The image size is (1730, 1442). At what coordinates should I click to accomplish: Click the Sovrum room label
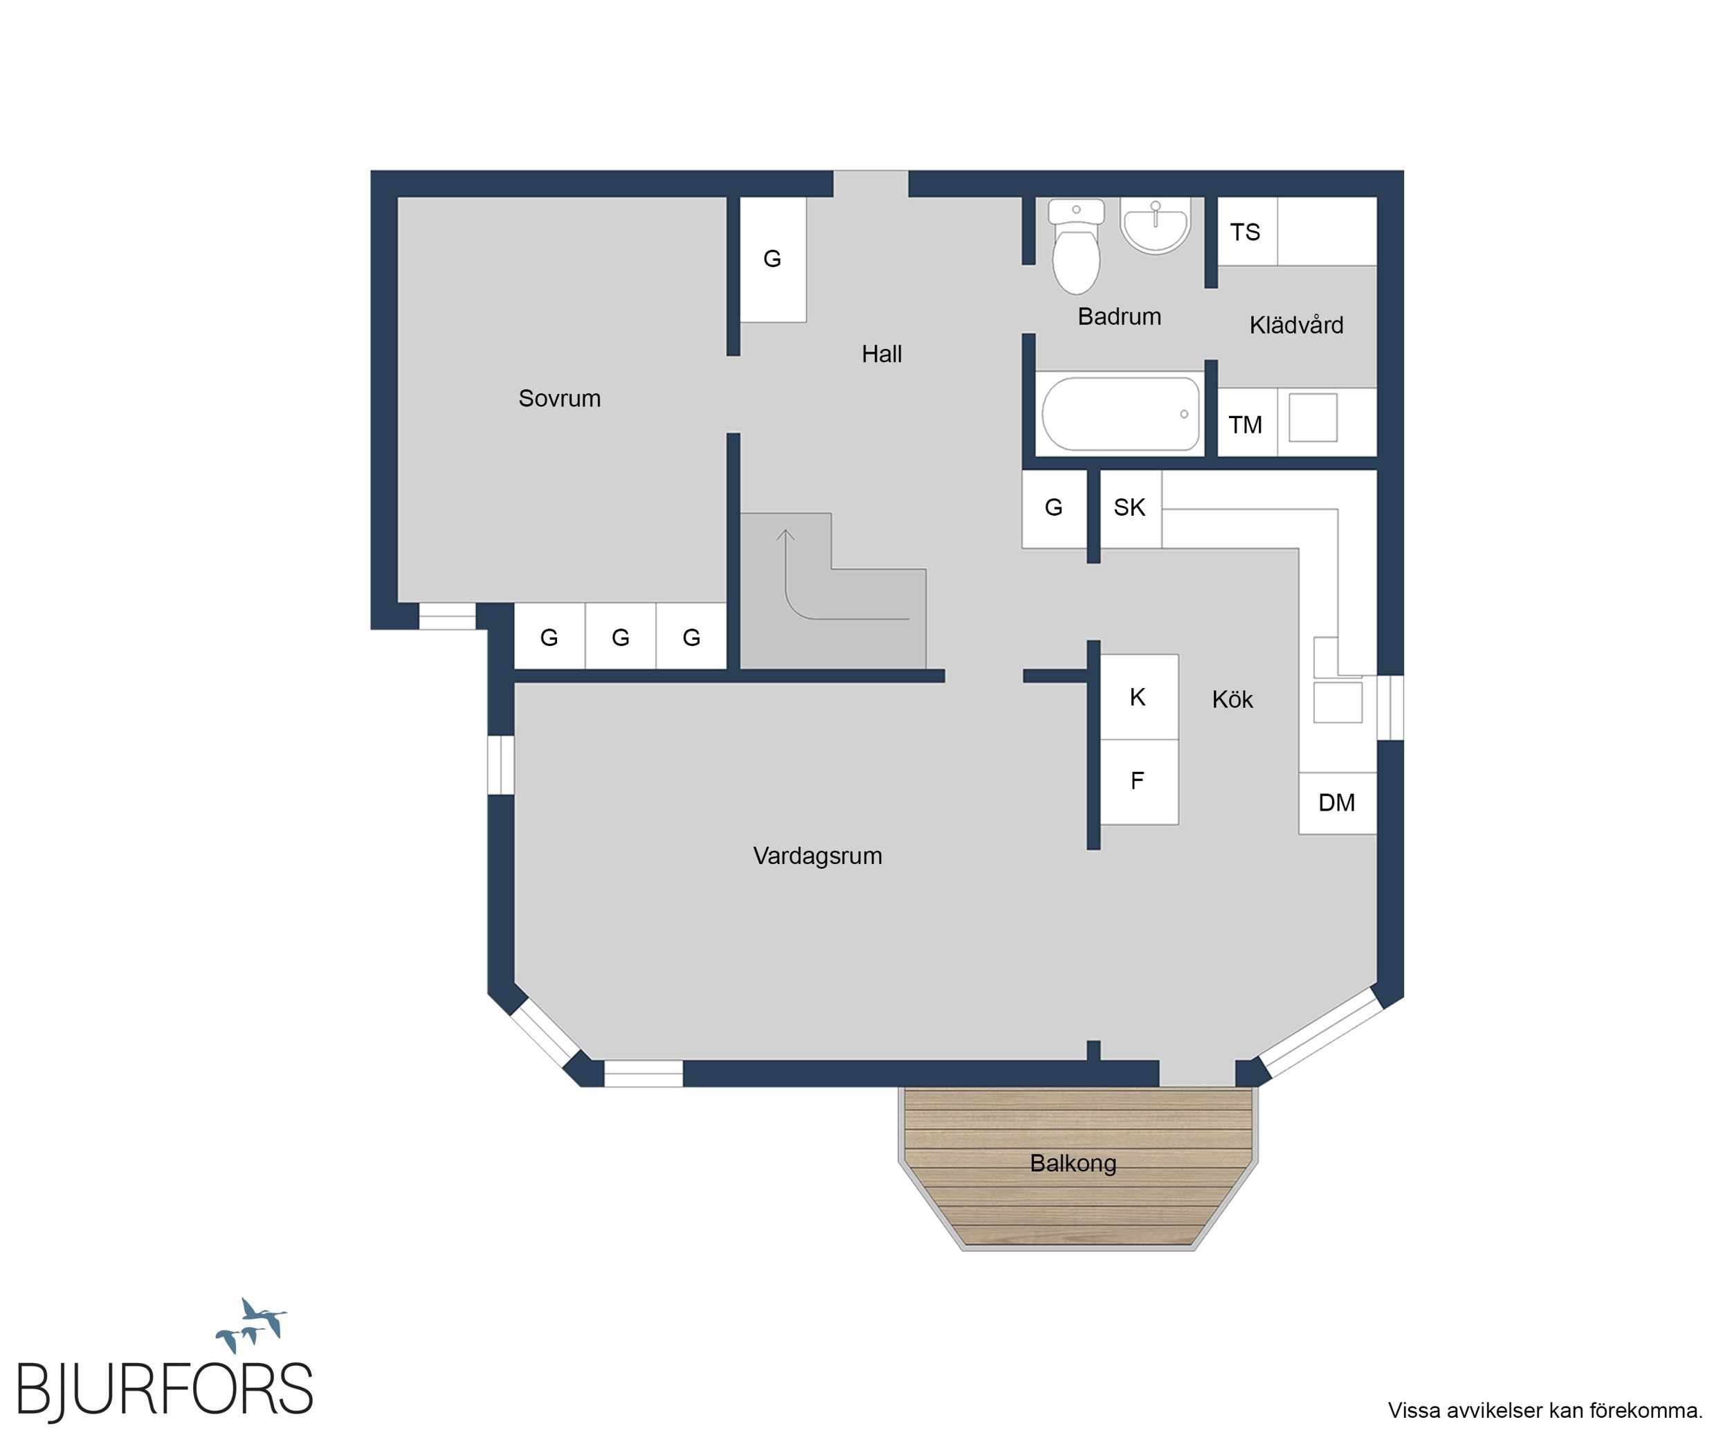pyautogui.click(x=559, y=399)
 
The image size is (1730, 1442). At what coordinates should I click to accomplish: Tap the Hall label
pyautogui.click(x=882, y=354)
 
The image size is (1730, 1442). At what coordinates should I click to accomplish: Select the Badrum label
pyautogui.click(x=1120, y=316)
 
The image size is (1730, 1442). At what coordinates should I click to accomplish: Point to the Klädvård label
pyautogui.click(x=1296, y=325)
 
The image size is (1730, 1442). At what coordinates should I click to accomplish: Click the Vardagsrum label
pyautogui.click(x=817, y=856)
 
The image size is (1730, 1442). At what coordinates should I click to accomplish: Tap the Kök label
pyautogui.click(x=1232, y=700)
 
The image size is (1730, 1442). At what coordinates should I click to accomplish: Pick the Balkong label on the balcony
pyautogui.click(x=1073, y=1164)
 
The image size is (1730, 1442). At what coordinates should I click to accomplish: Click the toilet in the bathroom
pyautogui.click(x=1076, y=246)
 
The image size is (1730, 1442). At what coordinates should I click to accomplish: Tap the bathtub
pyautogui.click(x=1121, y=414)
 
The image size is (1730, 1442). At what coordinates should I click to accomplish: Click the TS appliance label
pyautogui.click(x=1245, y=233)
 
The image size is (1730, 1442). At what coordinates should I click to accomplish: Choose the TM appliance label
pyautogui.click(x=1245, y=425)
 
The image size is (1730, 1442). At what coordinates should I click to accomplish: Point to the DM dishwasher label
pyautogui.click(x=1336, y=802)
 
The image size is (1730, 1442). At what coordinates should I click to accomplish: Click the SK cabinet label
pyautogui.click(x=1129, y=507)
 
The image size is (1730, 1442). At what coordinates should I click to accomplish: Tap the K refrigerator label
pyautogui.click(x=1138, y=697)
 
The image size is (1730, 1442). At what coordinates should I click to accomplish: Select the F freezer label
pyautogui.click(x=1137, y=780)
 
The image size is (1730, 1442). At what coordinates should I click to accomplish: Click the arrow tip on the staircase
pyautogui.click(x=786, y=530)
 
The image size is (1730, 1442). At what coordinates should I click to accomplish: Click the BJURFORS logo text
pyautogui.click(x=165, y=1390)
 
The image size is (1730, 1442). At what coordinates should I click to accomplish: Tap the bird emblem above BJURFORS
pyautogui.click(x=251, y=1324)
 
